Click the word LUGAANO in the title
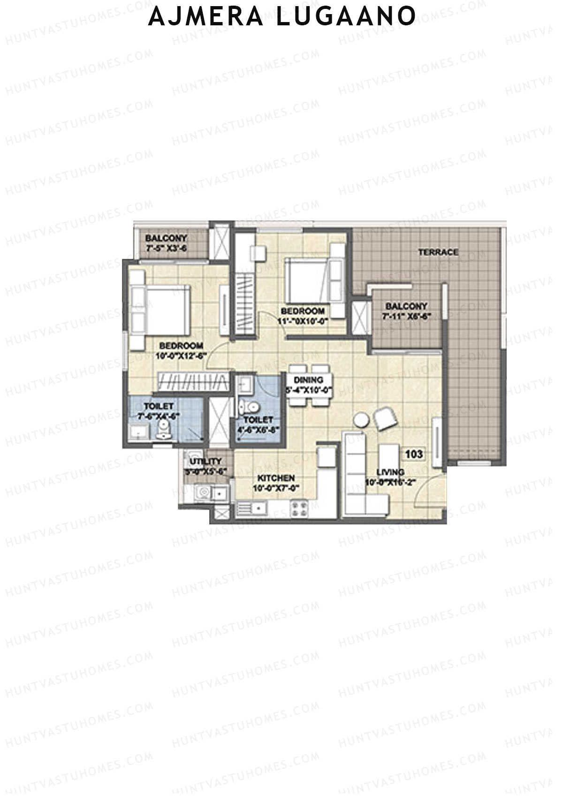pyautogui.click(x=345, y=16)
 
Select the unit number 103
pyautogui.click(x=414, y=454)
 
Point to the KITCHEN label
pyautogui.click(x=276, y=478)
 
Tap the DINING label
pyautogui.click(x=308, y=380)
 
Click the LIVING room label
pyautogui.click(x=390, y=472)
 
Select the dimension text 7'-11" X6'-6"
pyautogui.click(x=407, y=316)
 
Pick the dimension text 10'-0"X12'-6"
pyautogui.click(x=181, y=355)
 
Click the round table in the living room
pyautogui.click(x=362, y=419)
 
